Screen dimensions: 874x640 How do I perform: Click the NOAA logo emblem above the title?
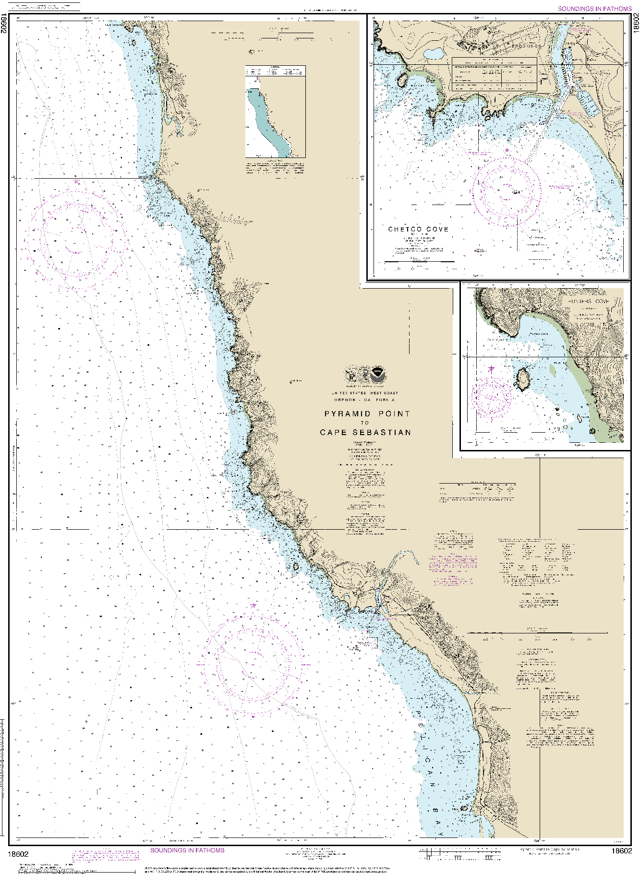[378, 374]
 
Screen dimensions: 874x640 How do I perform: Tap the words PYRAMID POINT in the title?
[367, 413]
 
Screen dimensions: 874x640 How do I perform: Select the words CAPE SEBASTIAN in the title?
[366, 432]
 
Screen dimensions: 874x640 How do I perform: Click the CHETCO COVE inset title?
[418, 230]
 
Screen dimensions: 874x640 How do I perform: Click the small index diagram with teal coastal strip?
[275, 112]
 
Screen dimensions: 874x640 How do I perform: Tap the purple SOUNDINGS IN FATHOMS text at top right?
[594, 9]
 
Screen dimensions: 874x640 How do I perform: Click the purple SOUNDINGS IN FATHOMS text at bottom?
[187, 850]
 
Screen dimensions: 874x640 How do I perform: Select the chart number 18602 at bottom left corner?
[18, 854]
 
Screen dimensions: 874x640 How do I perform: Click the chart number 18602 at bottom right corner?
[621, 850]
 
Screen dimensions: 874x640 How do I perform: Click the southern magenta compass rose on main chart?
[253, 665]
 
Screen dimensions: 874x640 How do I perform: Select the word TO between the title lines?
[365, 423]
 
